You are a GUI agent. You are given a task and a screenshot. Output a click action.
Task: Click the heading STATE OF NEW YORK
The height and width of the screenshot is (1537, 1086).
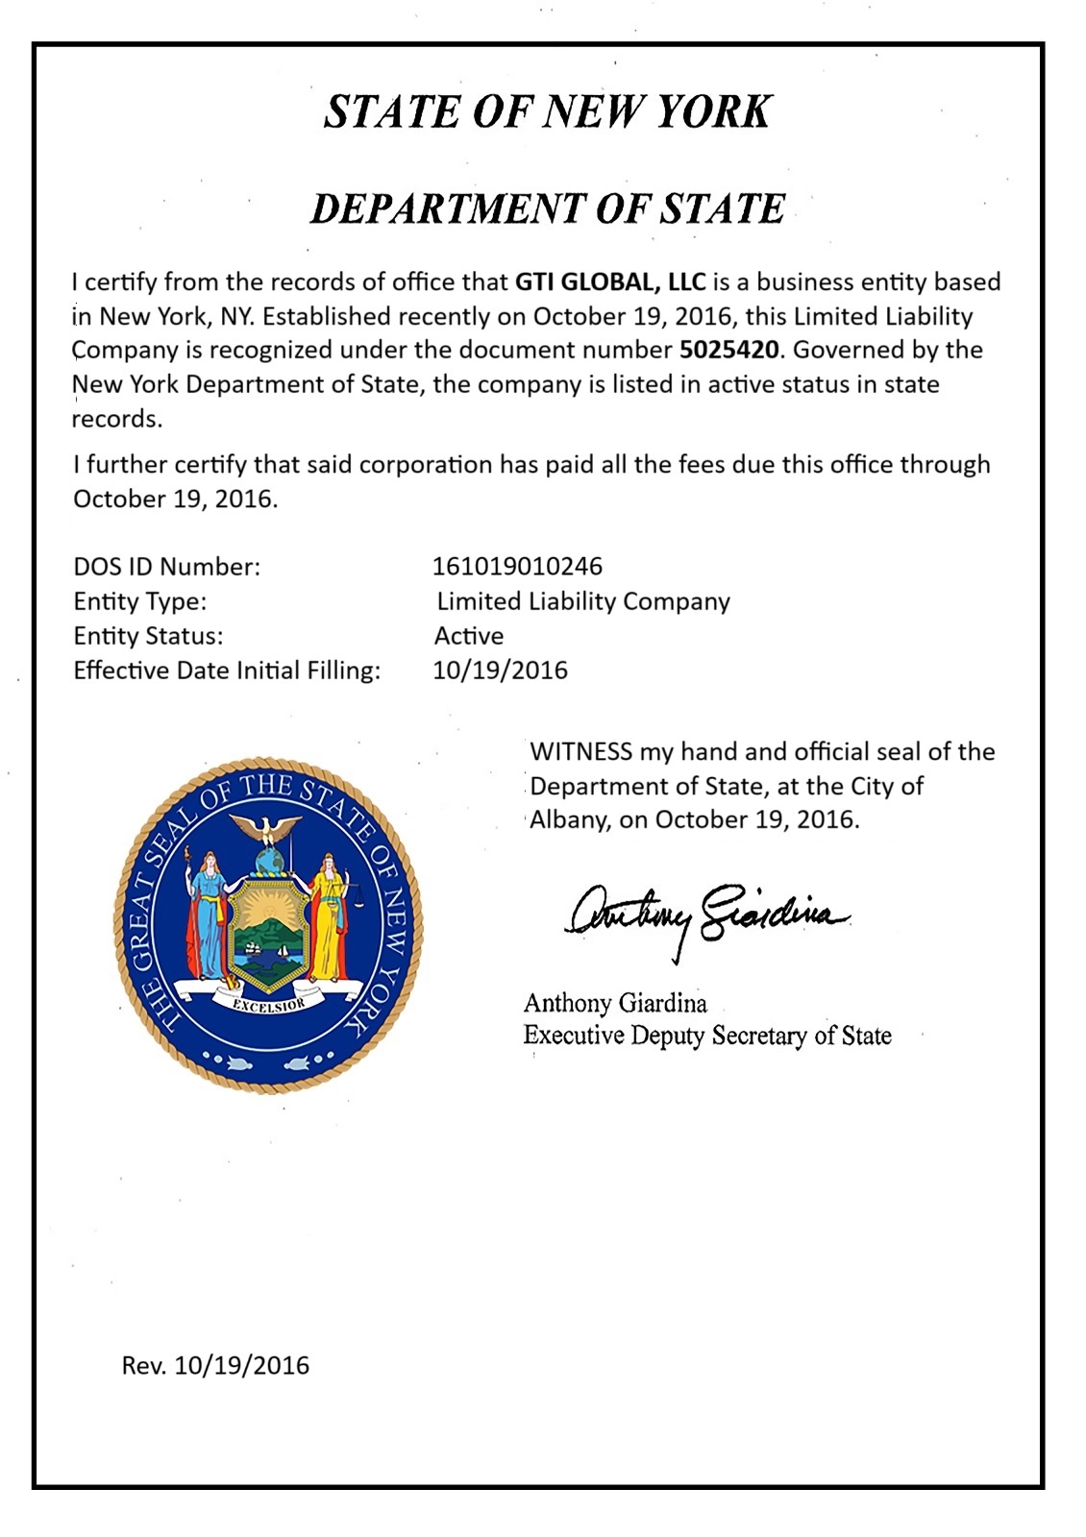547,111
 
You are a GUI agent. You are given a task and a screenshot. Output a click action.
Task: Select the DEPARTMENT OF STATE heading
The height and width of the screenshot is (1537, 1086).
547,208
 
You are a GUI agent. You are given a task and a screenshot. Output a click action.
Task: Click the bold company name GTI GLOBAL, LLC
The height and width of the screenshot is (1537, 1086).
610,282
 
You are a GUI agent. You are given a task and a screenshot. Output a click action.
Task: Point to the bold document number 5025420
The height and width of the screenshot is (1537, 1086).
728,350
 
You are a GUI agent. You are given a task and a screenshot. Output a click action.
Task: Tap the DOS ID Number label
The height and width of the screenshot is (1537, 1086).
167,567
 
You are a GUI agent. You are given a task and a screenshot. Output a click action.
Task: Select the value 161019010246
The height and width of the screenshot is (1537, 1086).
517,567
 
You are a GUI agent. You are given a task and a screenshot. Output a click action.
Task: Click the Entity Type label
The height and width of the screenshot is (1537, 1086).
140,601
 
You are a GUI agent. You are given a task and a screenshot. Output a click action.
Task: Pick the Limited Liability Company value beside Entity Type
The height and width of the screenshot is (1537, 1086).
583,601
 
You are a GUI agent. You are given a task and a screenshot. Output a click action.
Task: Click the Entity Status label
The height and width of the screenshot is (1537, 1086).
148,636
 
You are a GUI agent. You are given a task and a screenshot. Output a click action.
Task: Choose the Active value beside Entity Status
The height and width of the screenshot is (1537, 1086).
469,636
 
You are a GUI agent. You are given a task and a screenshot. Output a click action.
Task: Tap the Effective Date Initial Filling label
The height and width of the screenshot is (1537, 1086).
227,671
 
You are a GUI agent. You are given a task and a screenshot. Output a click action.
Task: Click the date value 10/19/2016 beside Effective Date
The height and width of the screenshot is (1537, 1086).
500,671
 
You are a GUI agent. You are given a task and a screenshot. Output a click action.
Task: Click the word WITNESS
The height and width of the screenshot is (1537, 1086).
580,751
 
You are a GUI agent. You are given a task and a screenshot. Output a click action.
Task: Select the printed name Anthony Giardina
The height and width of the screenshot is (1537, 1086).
615,1004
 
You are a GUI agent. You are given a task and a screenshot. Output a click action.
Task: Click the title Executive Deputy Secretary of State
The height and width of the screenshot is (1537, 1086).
707,1036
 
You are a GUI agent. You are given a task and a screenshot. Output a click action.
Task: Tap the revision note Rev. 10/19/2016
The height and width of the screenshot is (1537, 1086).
215,1365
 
